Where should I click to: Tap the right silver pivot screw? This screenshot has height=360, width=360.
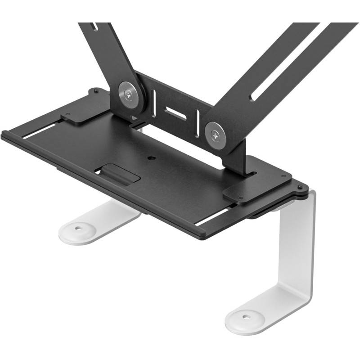pos(215,134)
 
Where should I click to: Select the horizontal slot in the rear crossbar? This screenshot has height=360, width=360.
pos(175,113)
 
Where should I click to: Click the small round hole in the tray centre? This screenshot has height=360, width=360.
pos(151,158)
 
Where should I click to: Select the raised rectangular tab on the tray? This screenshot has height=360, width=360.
pos(119,173)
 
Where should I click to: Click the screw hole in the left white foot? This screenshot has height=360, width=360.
pos(79,228)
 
